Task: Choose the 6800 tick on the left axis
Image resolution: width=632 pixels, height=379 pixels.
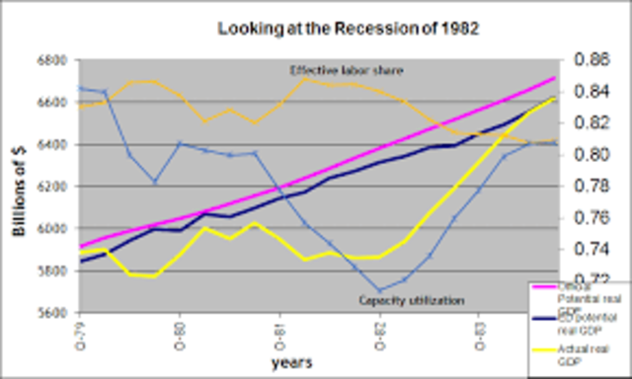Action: click(x=51, y=60)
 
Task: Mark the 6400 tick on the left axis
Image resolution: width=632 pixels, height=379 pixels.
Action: click(x=51, y=144)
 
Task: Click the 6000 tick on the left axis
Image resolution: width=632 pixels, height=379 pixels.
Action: click(x=51, y=228)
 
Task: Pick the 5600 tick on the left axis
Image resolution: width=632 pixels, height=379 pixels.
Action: click(x=51, y=312)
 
